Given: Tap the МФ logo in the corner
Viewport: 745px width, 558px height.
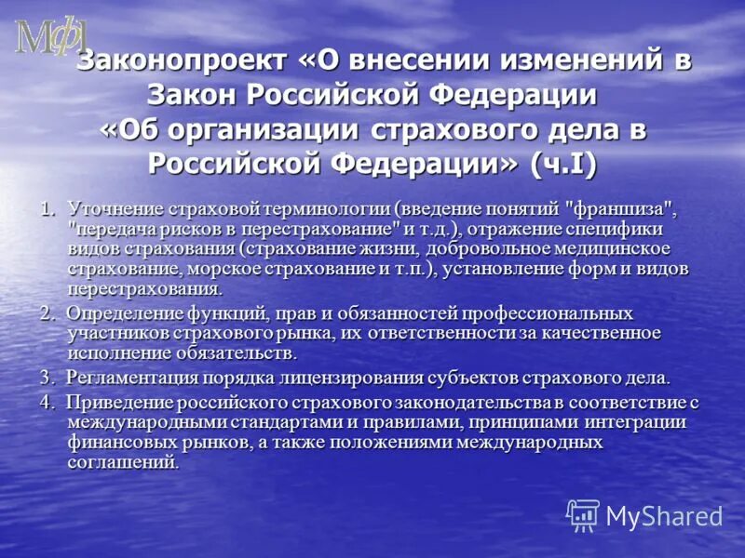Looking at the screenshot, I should pos(50,37).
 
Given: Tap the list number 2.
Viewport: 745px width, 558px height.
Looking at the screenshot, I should pos(47,313).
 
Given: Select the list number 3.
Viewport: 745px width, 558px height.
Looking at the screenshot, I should pos(47,378).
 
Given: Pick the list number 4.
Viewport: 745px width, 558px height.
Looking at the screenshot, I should pos(47,403).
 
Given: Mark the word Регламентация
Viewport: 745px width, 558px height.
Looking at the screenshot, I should pos(131,378).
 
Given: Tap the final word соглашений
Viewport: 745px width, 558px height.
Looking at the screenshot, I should pos(122,462).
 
